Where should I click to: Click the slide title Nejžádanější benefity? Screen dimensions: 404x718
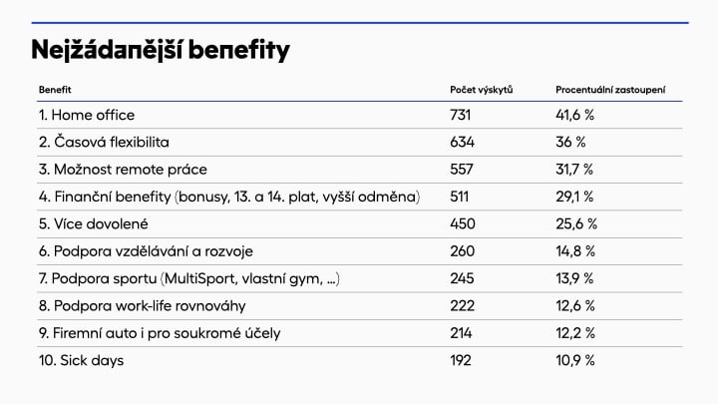(160, 49)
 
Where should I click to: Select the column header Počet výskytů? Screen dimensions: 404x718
(481, 91)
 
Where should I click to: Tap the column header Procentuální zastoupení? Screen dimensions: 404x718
(610, 91)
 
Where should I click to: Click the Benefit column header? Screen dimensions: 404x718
(55, 91)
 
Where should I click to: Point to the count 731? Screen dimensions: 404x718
(461, 115)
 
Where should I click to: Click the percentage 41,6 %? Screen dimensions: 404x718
(574, 115)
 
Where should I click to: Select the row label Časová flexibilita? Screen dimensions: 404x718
(104, 143)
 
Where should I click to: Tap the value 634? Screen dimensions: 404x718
(463, 143)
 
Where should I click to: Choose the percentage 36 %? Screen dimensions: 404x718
(569, 143)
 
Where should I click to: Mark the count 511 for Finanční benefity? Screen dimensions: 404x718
(462, 197)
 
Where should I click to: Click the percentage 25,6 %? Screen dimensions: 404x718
(575, 223)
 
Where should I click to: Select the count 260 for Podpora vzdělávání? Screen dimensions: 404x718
(463, 251)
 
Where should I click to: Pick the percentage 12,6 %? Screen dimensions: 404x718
(574, 305)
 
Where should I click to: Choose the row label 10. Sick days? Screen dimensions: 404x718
(82, 360)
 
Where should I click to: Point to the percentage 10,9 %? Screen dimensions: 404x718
(574, 360)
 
